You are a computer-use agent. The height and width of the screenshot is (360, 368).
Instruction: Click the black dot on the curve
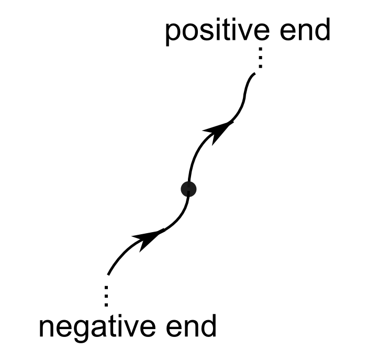[188, 189]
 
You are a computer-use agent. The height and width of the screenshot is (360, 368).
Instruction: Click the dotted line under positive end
[259, 59]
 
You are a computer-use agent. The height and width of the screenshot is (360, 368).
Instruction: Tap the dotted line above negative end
[106, 296]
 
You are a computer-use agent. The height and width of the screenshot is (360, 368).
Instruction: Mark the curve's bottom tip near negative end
[108, 274]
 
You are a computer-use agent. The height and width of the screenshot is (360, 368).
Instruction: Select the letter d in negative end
[207, 326]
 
